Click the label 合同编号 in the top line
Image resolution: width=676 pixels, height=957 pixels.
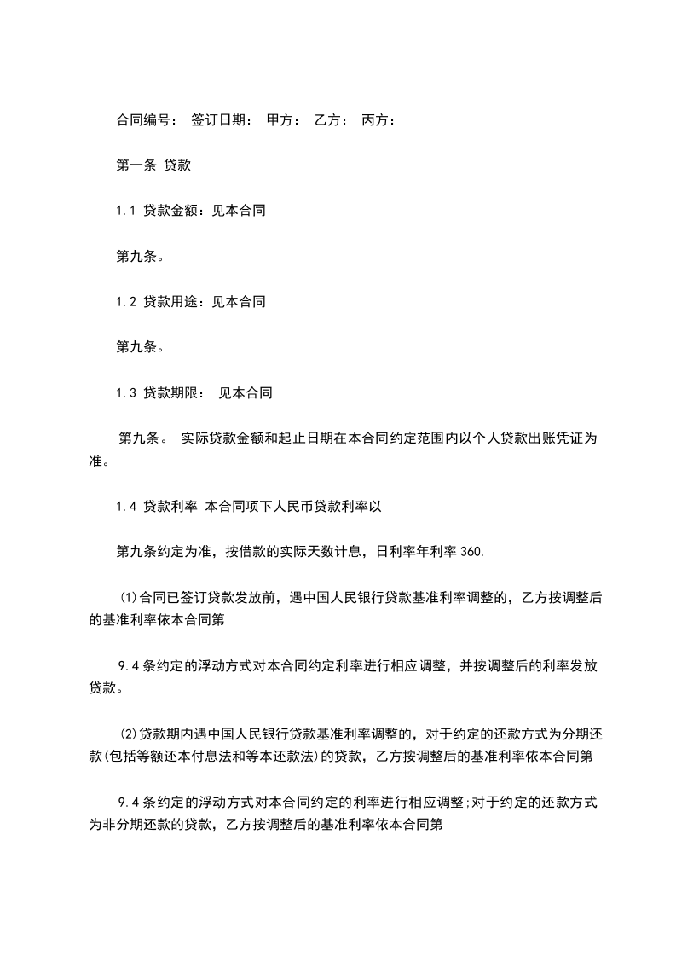pyautogui.click(x=142, y=121)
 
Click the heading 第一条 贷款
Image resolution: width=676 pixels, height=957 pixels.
pyautogui.click(x=153, y=166)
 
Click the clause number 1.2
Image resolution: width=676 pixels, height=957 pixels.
pyautogui.click(x=125, y=302)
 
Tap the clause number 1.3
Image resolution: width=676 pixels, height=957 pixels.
pyautogui.click(x=125, y=393)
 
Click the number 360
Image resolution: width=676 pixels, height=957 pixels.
pyautogui.click(x=471, y=552)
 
